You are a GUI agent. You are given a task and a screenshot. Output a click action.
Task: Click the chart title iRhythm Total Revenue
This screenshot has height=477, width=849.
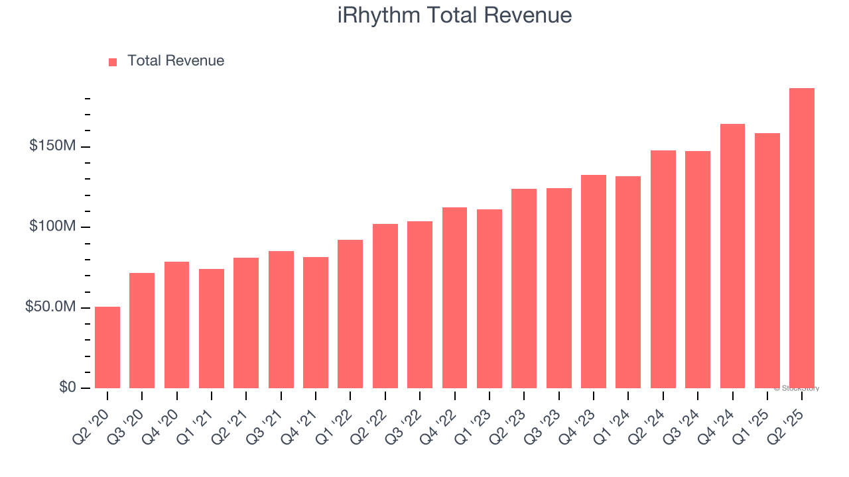click(454, 15)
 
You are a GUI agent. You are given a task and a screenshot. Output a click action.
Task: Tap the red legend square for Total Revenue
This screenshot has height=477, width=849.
click(113, 62)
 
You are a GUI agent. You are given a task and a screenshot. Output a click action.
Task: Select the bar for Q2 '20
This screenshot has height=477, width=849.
click(107, 348)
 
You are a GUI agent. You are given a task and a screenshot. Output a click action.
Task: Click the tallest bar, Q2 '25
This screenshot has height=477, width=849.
click(802, 238)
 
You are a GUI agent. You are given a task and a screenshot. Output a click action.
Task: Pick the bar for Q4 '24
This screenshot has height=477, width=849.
click(732, 256)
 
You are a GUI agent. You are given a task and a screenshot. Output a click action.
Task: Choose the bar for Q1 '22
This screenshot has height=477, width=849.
click(350, 314)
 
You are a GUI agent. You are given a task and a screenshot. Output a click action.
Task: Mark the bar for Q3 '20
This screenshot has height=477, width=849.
click(142, 331)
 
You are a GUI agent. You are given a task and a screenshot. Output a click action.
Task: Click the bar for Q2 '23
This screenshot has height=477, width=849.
click(524, 289)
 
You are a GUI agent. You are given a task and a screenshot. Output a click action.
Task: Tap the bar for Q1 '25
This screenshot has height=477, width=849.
click(767, 261)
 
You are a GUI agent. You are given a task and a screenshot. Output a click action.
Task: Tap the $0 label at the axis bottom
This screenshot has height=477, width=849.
click(68, 387)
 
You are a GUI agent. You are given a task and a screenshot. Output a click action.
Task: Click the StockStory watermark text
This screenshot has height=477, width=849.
click(797, 388)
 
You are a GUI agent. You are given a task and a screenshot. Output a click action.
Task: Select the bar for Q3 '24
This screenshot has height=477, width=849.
click(698, 270)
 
